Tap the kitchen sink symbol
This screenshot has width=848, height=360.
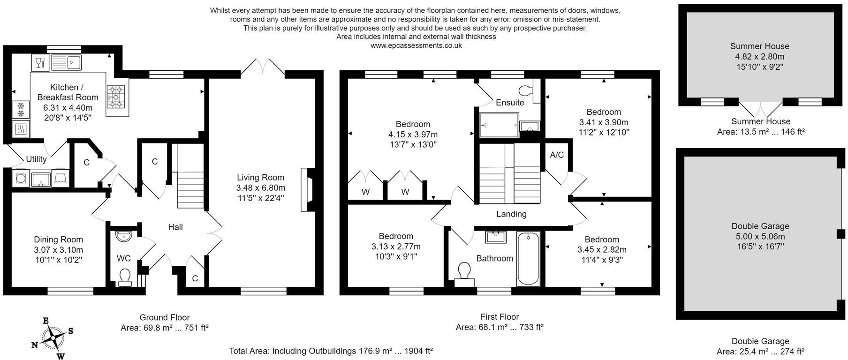click(66, 62)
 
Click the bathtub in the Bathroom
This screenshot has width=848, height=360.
click(528, 259)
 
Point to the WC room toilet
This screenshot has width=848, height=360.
click(125, 276)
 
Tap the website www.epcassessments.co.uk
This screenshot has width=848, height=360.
click(416, 45)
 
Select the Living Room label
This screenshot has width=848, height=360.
click(260, 178)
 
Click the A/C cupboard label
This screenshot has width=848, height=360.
click(556, 155)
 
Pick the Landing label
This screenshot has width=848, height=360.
click(511, 214)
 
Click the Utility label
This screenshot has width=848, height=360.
click(36, 159)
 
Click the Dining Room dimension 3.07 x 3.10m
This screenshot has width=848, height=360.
click(58, 250)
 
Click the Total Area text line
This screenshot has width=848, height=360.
click(331, 351)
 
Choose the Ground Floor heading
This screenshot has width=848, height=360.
click(165, 317)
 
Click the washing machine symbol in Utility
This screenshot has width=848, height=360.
click(21, 178)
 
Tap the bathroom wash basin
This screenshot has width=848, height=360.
click(495, 237)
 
